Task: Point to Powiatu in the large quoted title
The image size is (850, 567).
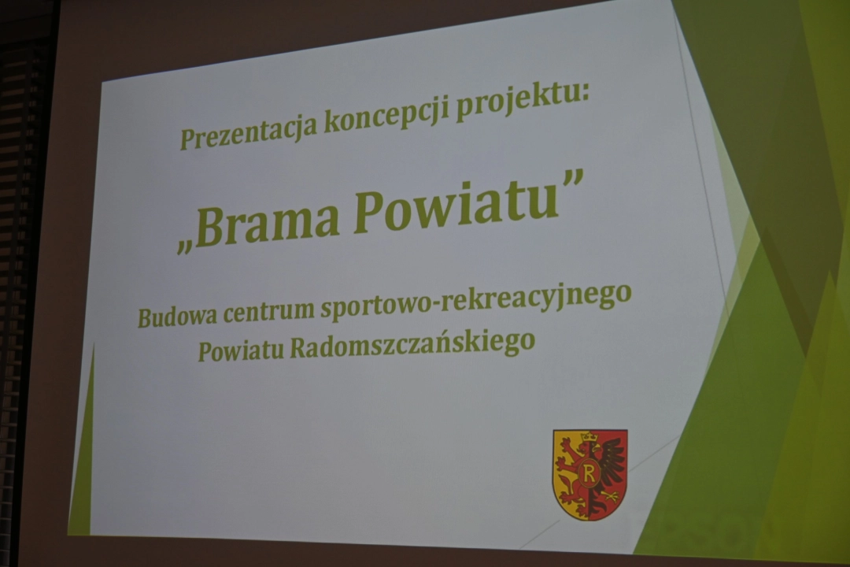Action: (456, 205)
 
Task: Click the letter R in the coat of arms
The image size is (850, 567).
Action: (588, 472)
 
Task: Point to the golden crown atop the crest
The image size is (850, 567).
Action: (589, 437)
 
